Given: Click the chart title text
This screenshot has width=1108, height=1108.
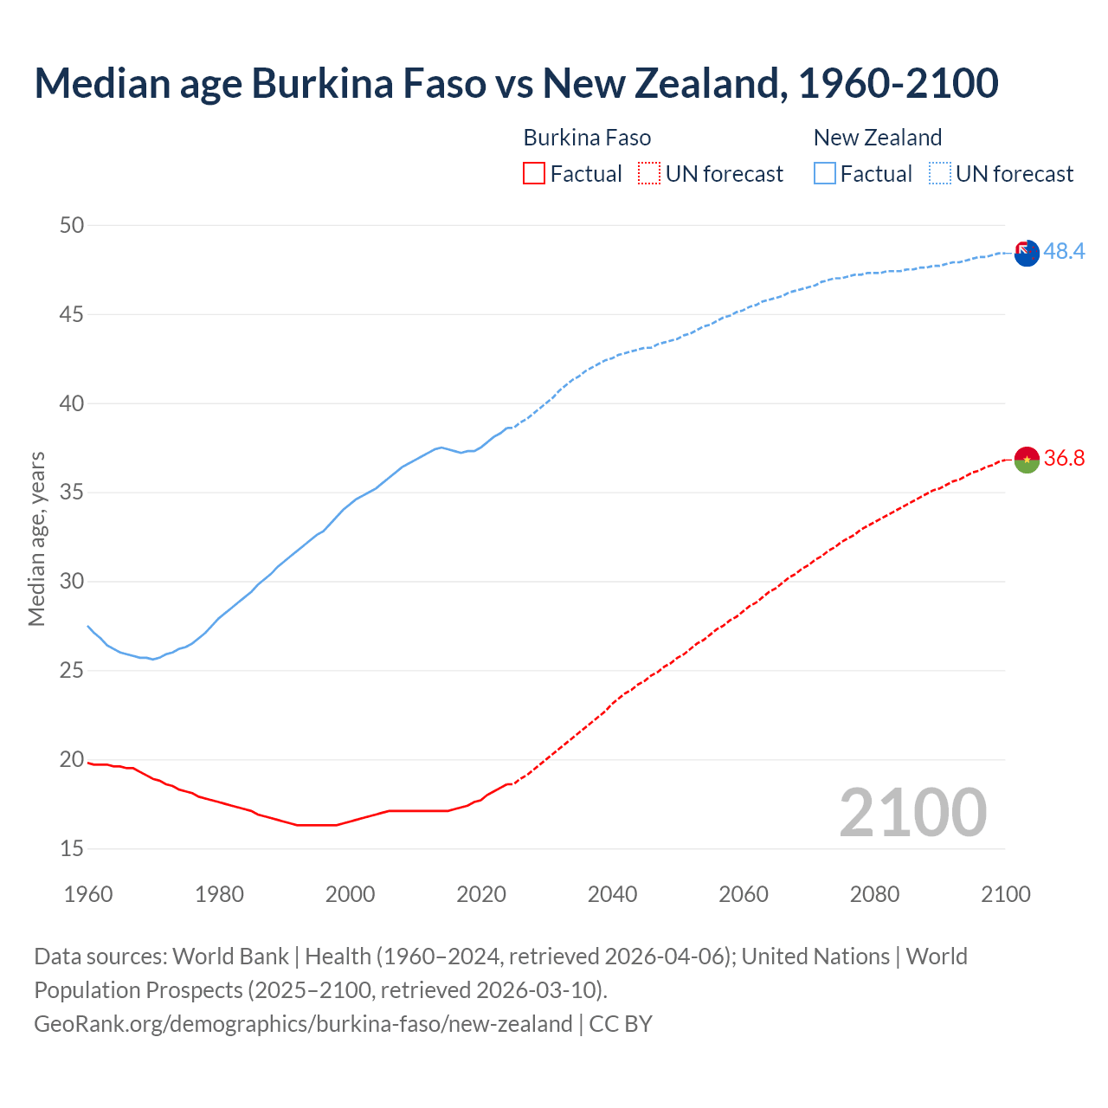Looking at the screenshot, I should pyautogui.click(x=516, y=84).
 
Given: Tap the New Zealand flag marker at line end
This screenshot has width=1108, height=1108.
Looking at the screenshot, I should pyautogui.click(x=1026, y=254).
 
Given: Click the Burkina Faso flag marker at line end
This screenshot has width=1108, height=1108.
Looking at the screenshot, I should pyautogui.click(x=1026, y=460).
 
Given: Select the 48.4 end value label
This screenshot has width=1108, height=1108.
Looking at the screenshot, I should pyautogui.click(x=1064, y=252).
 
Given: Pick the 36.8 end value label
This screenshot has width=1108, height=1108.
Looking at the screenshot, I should pyautogui.click(x=1064, y=458).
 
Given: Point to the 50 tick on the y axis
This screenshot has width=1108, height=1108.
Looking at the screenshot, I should pyautogui.click(x=72, y=226).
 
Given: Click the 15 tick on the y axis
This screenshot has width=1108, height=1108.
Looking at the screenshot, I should pyautogui.click(x=72, y=849).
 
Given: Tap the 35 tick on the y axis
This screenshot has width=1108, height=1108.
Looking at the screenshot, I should pyautogui.click(x=72, y=493).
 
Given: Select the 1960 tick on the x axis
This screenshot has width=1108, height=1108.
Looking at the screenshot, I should pyautogui.click(x=88, y=894).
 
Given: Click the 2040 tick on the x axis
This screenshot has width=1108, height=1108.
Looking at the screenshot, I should pyautogui.click(x=612, y=894).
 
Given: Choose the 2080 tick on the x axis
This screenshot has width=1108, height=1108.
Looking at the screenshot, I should pyautogui.click(x=874, y=894).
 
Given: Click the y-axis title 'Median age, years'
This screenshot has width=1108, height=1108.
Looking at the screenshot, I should pyautogui.click(x=36, y=538).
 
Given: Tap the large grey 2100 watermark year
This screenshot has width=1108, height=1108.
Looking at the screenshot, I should pyautogui.click(x=912, y=812).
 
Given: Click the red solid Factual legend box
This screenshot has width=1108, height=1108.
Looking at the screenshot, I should pyautogui.click(x=534, y=174).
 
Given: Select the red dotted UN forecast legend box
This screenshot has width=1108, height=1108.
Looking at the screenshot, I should pyautogui.click(x=649, y=174).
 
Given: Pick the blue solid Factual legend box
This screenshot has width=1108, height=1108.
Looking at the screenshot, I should pyautogui.click(x=825, y=174).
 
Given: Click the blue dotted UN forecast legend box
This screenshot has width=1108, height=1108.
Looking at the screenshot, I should pyautogui.click(x=939, y=174).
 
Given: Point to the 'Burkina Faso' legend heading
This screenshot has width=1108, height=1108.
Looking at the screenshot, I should pyautogui.click(x=587, y=138).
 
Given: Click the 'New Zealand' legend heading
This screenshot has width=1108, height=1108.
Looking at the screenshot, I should pyautogui.click(x=877, y=138).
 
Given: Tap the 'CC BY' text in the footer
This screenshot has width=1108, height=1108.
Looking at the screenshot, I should pyautogui.click(x=621, y=1024).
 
